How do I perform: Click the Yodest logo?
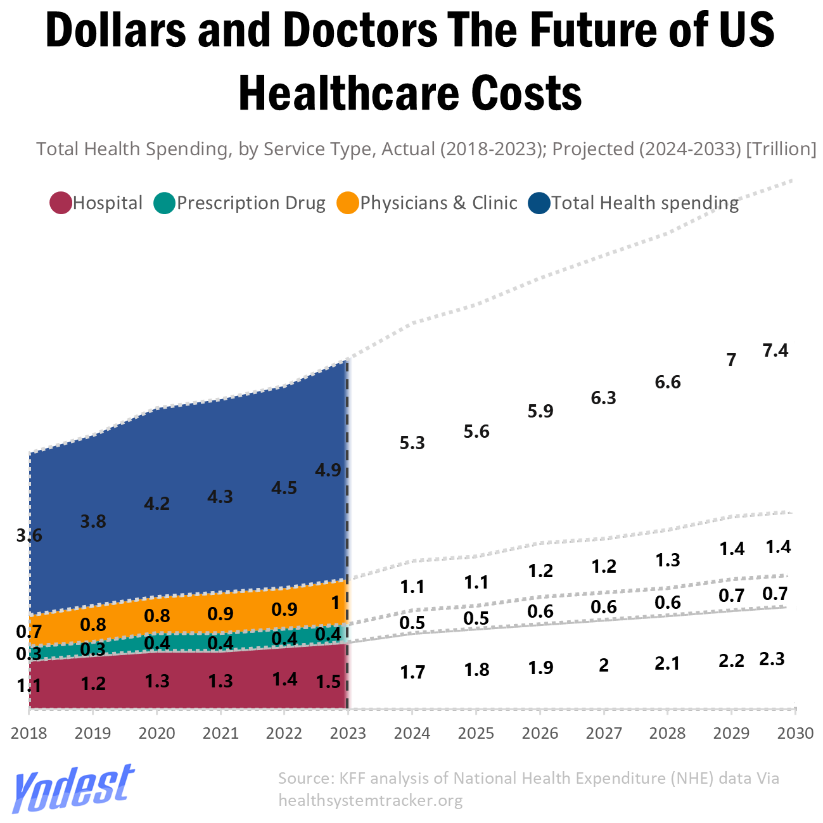tap(73, 789)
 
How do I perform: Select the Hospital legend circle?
tap(61, 203)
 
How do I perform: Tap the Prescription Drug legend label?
tap(251, 203)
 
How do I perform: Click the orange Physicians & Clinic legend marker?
tap(348, 203)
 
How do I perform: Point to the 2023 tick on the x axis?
tap(348, 733)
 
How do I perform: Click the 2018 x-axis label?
tap(29, 733)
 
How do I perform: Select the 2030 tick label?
tap(795, 733)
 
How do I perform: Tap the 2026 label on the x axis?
tap(540, 733)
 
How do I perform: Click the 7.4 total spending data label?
tap(775, 350)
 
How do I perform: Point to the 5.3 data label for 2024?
tap(412, 443)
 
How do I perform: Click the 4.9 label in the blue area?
tap(328, 470)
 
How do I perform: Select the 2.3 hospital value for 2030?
tap(772, 659)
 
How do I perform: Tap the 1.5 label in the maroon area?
tap(328, 682)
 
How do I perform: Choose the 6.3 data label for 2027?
tap(603, 398)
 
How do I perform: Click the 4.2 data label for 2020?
tap(156, 504)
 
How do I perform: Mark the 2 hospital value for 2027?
tap(603, 665)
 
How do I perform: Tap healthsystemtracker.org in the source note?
tap(371, 800)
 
